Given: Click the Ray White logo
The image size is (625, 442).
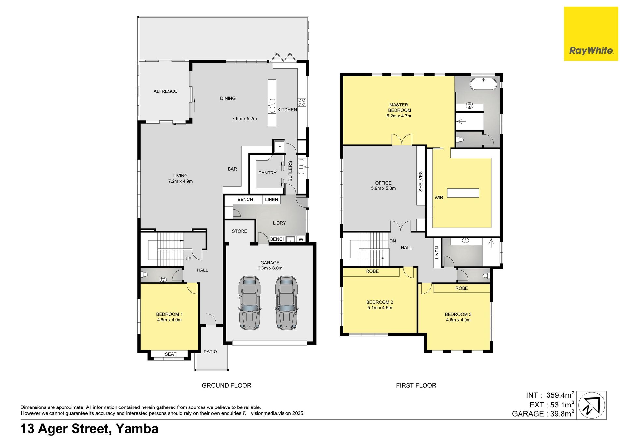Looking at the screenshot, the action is click(x=591, y=34).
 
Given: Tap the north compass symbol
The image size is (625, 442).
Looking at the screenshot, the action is click(x=592, y=405).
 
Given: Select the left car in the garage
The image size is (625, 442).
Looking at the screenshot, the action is click(x=249, y=303).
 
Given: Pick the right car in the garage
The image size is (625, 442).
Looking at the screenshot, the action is click(x=286, y=303).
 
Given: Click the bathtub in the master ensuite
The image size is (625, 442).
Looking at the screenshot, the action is click(x=483, y=84).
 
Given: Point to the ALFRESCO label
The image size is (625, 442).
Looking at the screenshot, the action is click(x=165, y=91).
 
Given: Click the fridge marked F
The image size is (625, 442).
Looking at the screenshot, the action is click(x=279, y=147).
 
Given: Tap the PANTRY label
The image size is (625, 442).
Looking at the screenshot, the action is click(x=268, y=173).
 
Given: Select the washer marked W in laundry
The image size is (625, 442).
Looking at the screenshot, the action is click(x=301, y=239).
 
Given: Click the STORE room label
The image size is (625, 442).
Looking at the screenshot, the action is click(x=240, y=231).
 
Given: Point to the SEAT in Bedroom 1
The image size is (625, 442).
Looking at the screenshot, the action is click(x=171, y=354).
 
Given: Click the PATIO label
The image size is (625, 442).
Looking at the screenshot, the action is click(x=210, y=352).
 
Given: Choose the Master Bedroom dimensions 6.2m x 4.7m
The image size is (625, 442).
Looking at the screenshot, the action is click(x=399, y=116).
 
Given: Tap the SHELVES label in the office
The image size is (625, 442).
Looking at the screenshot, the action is click(x=421, y=181).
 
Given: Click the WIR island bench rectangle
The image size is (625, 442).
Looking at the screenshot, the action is click(x=463, y=193).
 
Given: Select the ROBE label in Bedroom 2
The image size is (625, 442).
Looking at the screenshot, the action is click(x=372, y=271).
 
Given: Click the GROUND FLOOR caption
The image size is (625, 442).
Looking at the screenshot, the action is click(x=227, y=385).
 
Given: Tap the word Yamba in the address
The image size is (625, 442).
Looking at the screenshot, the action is click(x=137, y=429).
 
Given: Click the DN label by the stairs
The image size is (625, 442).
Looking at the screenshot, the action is click(x=393, y=241).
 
